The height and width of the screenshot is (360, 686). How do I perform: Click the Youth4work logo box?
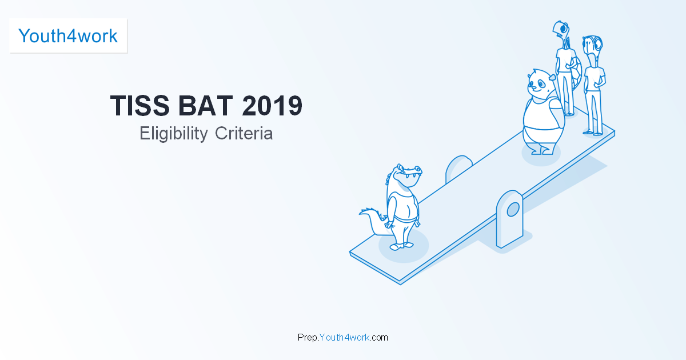(x=68, y=36)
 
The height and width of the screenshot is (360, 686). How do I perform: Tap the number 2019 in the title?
(x=272, y=107)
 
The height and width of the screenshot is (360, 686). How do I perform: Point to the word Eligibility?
(x=174, y=134)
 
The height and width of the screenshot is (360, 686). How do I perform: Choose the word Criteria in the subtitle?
(x=244, y=134)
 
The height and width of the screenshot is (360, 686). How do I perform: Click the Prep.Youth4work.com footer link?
(x=343, y=337)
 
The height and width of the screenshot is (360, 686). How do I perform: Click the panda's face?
(x=538, y=84)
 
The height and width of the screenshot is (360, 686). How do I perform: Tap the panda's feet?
(x=540, y=151)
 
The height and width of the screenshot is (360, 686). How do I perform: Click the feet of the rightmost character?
(x=593, y=133)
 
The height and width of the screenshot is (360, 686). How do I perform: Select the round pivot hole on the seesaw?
(x=513, y=209)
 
